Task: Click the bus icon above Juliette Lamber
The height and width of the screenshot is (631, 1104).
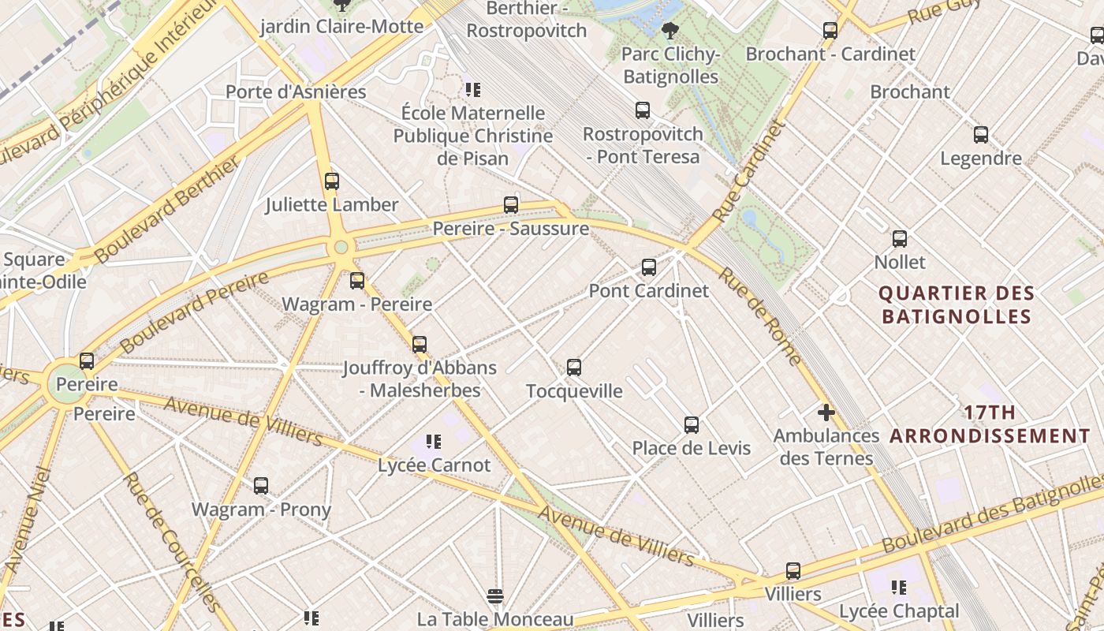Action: (332, 181)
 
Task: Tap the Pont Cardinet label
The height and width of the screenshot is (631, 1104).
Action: (648, 291)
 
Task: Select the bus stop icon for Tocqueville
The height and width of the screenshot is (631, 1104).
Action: (574, 368)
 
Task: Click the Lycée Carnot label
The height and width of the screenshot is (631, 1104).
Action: (434, 465)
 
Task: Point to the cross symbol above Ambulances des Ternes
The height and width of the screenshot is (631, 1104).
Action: (826, 413)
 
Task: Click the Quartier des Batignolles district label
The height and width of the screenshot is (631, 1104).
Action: (956, 305)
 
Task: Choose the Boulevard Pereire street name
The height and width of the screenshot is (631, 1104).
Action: (194, 313)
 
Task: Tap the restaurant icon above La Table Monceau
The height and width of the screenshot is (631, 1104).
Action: (495, 596)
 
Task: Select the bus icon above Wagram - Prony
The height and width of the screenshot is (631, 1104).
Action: (261, 486)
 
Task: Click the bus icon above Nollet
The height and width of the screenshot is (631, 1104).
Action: (900, 239)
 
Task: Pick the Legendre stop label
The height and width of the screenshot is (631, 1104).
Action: (981, 159)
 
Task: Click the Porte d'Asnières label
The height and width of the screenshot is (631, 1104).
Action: (296, 92)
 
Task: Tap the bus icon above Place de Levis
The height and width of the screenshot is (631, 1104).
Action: (692, 425)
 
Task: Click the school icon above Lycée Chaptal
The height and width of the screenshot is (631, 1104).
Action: (899, 588)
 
